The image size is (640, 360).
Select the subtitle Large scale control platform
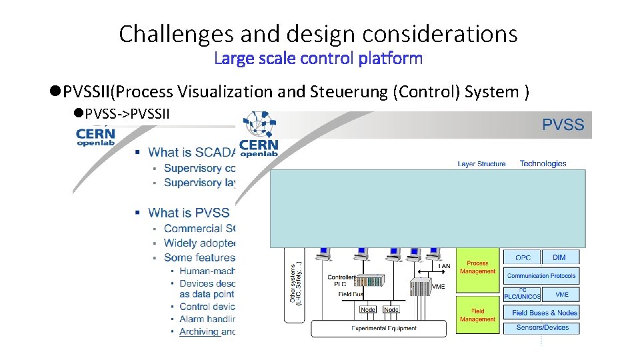(x=318, y=59)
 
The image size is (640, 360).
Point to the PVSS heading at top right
(x=563, y=125)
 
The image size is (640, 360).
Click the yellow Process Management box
(x=477, y=268)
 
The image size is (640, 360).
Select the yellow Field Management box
(x=477, y=315)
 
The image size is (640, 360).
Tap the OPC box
(x=523, y=257)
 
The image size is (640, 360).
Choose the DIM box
(x=559, y=257)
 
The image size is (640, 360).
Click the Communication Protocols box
(x=541, y=275)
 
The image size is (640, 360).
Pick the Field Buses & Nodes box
(x=544, y=312)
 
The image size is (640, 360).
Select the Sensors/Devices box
(x=542, y=327)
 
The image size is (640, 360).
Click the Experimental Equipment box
(x=383, y=328)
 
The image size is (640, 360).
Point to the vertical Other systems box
(x=294, y=283)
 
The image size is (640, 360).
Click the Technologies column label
(x=543, y=163)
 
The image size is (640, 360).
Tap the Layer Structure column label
(x=481, y=163)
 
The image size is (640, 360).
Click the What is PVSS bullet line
(x=188, y=213)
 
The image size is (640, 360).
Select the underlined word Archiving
(x=199, y=331)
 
